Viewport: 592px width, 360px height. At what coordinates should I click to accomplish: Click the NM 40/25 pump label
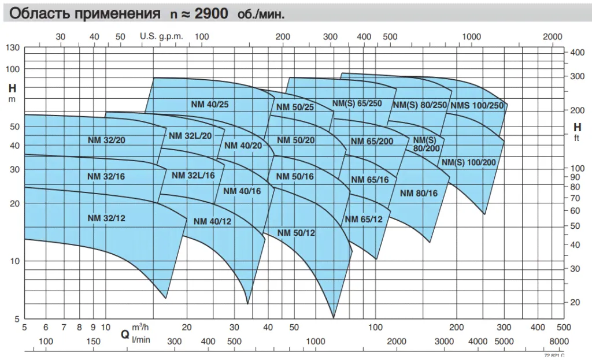click(x=210, y=105)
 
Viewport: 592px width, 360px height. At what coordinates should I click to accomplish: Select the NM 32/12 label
click(x=107, y=218)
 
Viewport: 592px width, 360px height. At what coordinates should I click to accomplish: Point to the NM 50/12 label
click(x=296, y=233)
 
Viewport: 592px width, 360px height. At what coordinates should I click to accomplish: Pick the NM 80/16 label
click(x=419, y=193)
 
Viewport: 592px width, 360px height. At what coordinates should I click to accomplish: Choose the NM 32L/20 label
click(x=191, y=135)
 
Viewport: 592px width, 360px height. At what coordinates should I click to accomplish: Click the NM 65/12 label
click(x=364, y=219)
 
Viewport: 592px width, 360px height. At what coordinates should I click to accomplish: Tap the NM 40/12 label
click(x=213, y=221)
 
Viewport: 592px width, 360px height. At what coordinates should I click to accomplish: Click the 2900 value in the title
click(x=214, y=13)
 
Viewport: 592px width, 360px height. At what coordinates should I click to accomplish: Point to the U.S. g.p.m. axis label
click(x=161, y=36)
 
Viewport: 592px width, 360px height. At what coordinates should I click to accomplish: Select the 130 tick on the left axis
click(x=13, y=48)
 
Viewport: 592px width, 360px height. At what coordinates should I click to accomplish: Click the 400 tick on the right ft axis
click(x=578, y=52)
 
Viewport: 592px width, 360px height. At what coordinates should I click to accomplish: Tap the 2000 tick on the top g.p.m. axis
click(x=553, y=36)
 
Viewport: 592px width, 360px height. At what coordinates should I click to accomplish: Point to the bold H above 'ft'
click(x=577, y=127)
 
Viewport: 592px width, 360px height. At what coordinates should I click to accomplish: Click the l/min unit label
click(x=141, y=340)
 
